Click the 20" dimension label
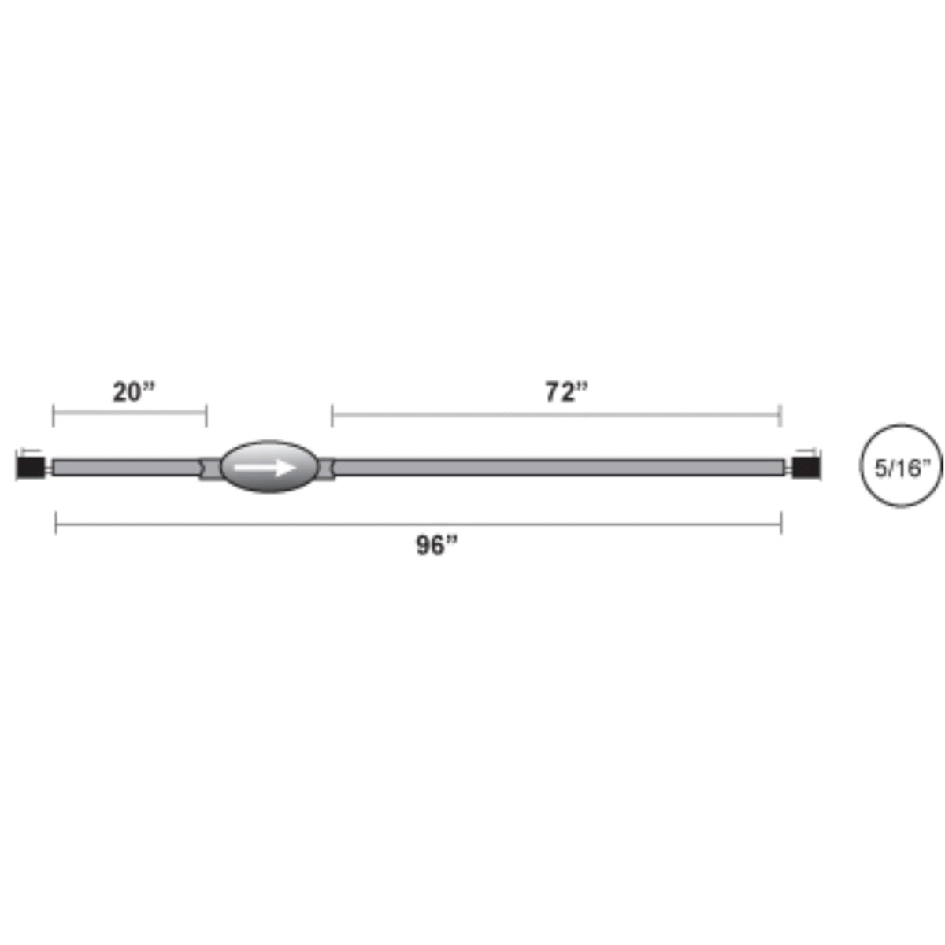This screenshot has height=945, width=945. point(133,392)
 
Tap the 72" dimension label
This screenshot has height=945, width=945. point(566,392)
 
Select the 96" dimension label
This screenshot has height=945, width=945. point(436,545)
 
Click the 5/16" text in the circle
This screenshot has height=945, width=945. point(902,469)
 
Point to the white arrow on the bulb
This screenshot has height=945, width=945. point(265,467)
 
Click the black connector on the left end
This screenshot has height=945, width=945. point(31,467)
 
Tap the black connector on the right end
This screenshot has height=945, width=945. point(806,467)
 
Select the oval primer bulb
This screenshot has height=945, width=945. point(269,467)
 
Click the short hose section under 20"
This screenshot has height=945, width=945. point(127,467)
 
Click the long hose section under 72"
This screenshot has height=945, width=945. point(558,467)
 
